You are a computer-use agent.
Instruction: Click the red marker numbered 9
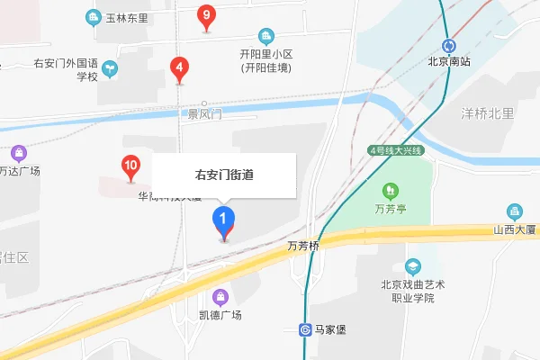(207, 16)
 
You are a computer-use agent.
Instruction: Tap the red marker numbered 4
(180, 67)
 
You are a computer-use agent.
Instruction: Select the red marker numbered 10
(130, 166)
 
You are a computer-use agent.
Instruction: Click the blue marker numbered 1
(223, 220)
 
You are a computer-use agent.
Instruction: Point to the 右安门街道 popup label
(224, 175)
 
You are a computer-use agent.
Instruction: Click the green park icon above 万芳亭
(391, 191)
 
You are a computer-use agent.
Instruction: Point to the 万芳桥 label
(303, 245)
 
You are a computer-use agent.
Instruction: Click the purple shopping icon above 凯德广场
(220, 297)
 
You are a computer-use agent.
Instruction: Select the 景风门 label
(204, 114)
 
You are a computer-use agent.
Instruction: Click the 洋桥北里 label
(487, 113)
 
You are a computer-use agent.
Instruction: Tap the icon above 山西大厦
(514, 212)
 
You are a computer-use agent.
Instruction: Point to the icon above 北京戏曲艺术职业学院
(413, 266)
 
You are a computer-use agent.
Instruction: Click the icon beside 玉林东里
(93, 17)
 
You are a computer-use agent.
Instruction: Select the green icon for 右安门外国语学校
(108, 67)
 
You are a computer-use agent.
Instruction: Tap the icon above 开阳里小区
(265, 37)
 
